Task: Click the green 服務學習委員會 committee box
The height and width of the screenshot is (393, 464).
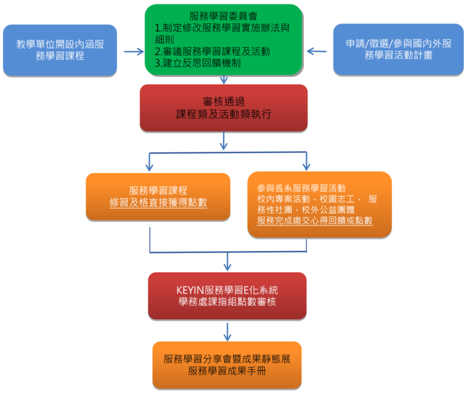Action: click(224, 39)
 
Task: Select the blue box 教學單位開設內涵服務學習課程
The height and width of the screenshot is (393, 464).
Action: click(59, 50)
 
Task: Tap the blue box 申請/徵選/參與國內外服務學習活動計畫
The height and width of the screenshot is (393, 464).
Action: click(398, 50)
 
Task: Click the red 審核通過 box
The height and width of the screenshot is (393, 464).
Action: click(224, 107)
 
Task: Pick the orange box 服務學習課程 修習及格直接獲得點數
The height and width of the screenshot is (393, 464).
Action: click(158, 197)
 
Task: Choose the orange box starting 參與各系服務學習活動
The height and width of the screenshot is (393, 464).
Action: click(319, 204)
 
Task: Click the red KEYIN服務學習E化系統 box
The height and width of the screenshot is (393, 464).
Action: click(227, 295)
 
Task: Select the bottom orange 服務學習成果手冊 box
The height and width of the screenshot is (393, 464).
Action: click(227, 365)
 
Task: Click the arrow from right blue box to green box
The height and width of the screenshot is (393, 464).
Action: click(317, 51)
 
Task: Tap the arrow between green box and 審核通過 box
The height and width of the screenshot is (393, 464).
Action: click(224, 79)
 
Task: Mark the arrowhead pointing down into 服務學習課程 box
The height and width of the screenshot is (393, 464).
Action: click(149, 165)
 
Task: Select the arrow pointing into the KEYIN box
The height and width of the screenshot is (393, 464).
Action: click(227, 262)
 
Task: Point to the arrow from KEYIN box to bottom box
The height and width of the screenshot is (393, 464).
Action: click(227, 331)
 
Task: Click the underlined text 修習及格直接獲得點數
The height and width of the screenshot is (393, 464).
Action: click(158, 203)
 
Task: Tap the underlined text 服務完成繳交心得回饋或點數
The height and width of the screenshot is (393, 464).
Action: click(315, 221)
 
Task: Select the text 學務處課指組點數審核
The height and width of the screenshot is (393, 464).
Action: click(227, 302)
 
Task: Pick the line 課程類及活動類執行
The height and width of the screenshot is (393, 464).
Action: click(224, 114)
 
